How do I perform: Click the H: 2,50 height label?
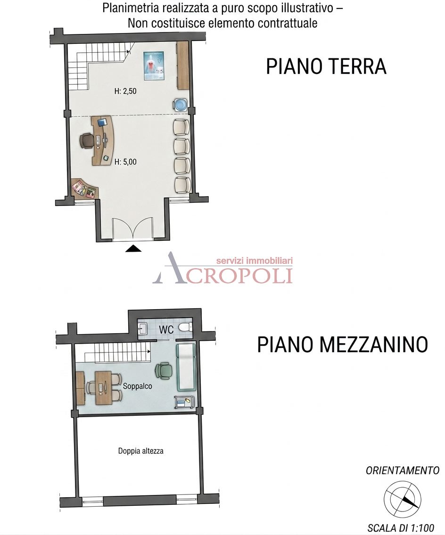click(x=125, y=91)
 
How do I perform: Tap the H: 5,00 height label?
click(x=125, y=162)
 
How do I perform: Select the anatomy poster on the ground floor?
click(x=154, y=66)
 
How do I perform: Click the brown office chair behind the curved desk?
click(x=87, y=140)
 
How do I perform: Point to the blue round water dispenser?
click(x=180, y=104)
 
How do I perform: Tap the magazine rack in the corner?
click(x=84, y=189)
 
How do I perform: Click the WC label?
click(x=166, y=329)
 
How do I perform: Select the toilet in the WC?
click(x=186, y=328)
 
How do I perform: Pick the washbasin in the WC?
click(x=143, y=329)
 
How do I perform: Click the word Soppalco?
click(x=138, y=386)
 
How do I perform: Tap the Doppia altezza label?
click(x=140, y=451)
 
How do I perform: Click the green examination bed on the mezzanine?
click(x=186, y=367)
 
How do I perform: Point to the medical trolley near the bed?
click(x=185, y=402)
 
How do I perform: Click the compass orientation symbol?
click(x=403, y=499)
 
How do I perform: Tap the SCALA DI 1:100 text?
click(x=401, y=528)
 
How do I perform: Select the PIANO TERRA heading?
click(x=326, y=66)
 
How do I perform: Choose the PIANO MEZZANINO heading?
click(x=342, y=344)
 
